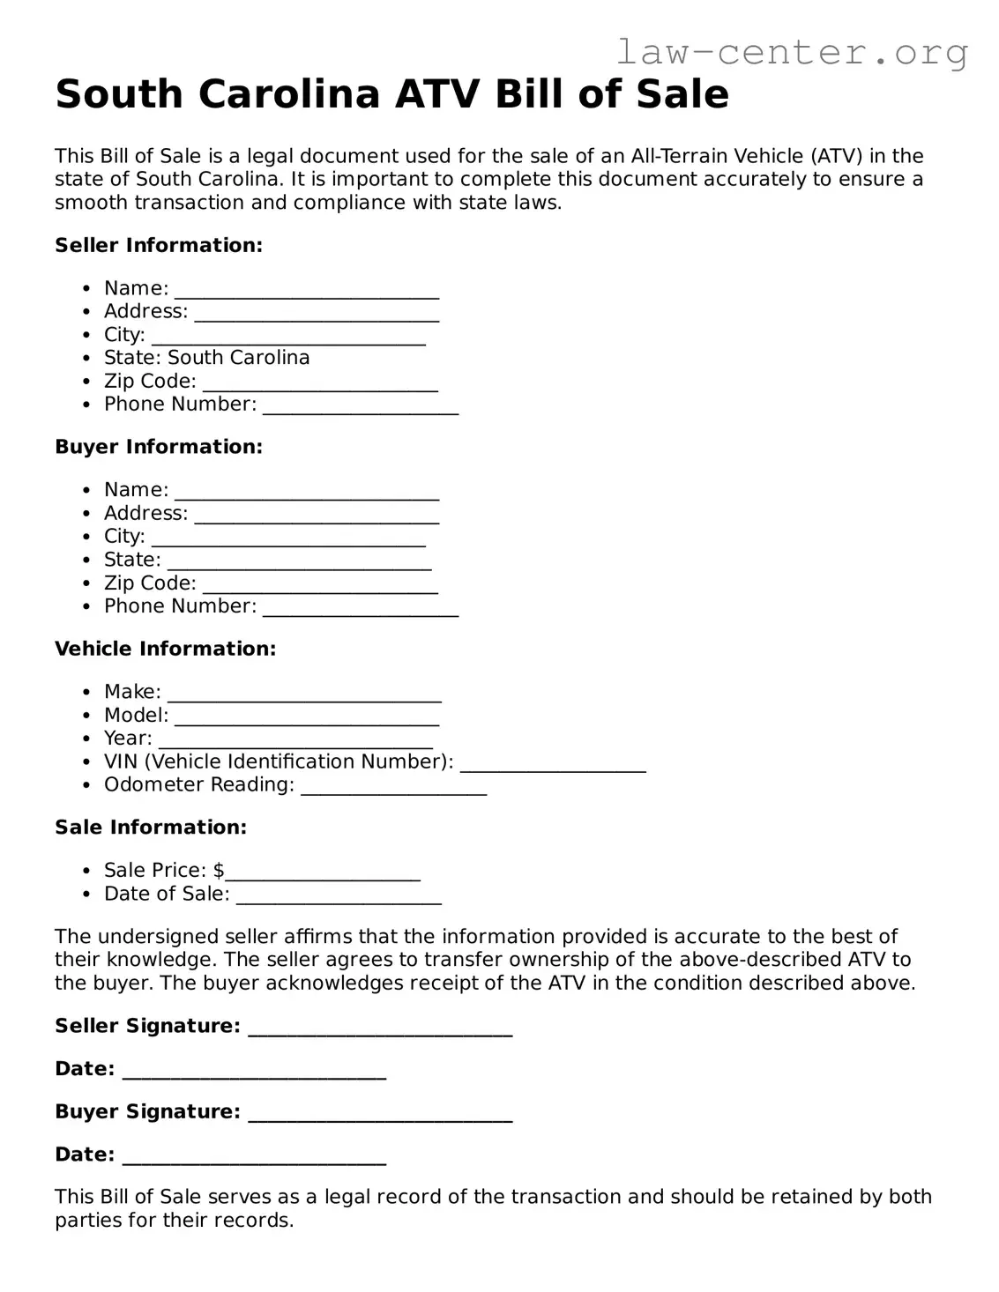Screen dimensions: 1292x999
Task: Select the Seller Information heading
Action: (x=159, y=245)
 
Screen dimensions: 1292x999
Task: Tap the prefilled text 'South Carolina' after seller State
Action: (x=238, y=358)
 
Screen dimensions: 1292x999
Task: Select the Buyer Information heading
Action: (x=159, y=447)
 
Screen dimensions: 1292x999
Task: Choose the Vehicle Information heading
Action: (x=165, y=649)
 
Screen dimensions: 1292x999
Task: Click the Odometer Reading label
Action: (x=198, y=784)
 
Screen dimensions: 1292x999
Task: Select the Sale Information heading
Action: (x=151, y=828)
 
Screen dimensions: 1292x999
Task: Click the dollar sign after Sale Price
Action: (x=219, y=871)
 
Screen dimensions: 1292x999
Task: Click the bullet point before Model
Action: (x=86, y=716)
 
